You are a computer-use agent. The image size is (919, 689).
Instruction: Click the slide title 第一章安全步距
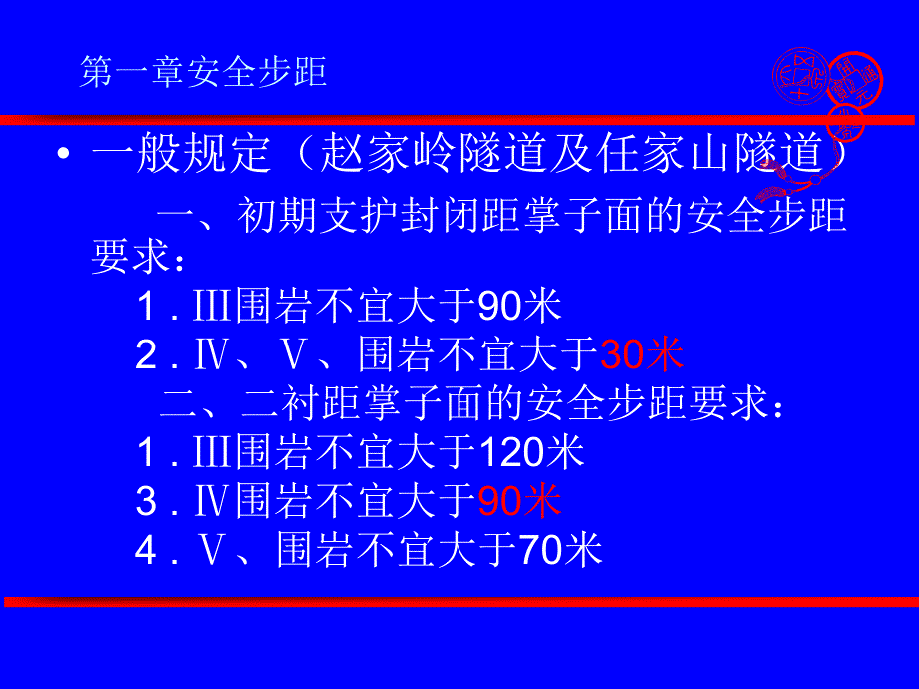click(203, 73)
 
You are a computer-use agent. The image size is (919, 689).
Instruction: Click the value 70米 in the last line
click(560, 549)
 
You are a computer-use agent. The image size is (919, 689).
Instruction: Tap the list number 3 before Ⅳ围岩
click(147, 502)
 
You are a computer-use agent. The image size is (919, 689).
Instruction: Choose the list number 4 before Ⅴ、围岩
click(147, 550)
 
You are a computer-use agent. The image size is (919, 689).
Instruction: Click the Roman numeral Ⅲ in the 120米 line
click(216, 454)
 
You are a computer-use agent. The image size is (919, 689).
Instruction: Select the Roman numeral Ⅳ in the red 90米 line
click(216, 502)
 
